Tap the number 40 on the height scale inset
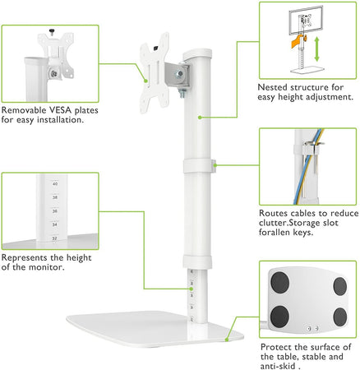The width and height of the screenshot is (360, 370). (x=55, y=183)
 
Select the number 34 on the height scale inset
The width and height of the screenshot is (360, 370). (x=55, y=224)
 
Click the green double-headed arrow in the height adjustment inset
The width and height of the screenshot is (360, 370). (x=316, y=49)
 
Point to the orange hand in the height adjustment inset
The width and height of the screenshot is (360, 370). (x=298, y=41)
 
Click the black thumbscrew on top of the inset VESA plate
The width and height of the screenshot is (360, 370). (x=52, y=32)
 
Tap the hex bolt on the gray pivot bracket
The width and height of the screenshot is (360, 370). (x=180, y=73)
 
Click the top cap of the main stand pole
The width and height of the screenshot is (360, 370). (x=197, y=54)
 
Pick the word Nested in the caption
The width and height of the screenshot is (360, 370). (x=272, y=87)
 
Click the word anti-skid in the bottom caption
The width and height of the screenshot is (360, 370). (x=278, y=366)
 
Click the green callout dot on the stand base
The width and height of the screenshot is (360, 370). (x=227, y=340)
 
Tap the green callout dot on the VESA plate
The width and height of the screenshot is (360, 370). (x=146, y=81)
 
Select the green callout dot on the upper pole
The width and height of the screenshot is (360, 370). (x=200, y=118)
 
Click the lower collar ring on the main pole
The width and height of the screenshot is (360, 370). (x=197, y=262)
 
